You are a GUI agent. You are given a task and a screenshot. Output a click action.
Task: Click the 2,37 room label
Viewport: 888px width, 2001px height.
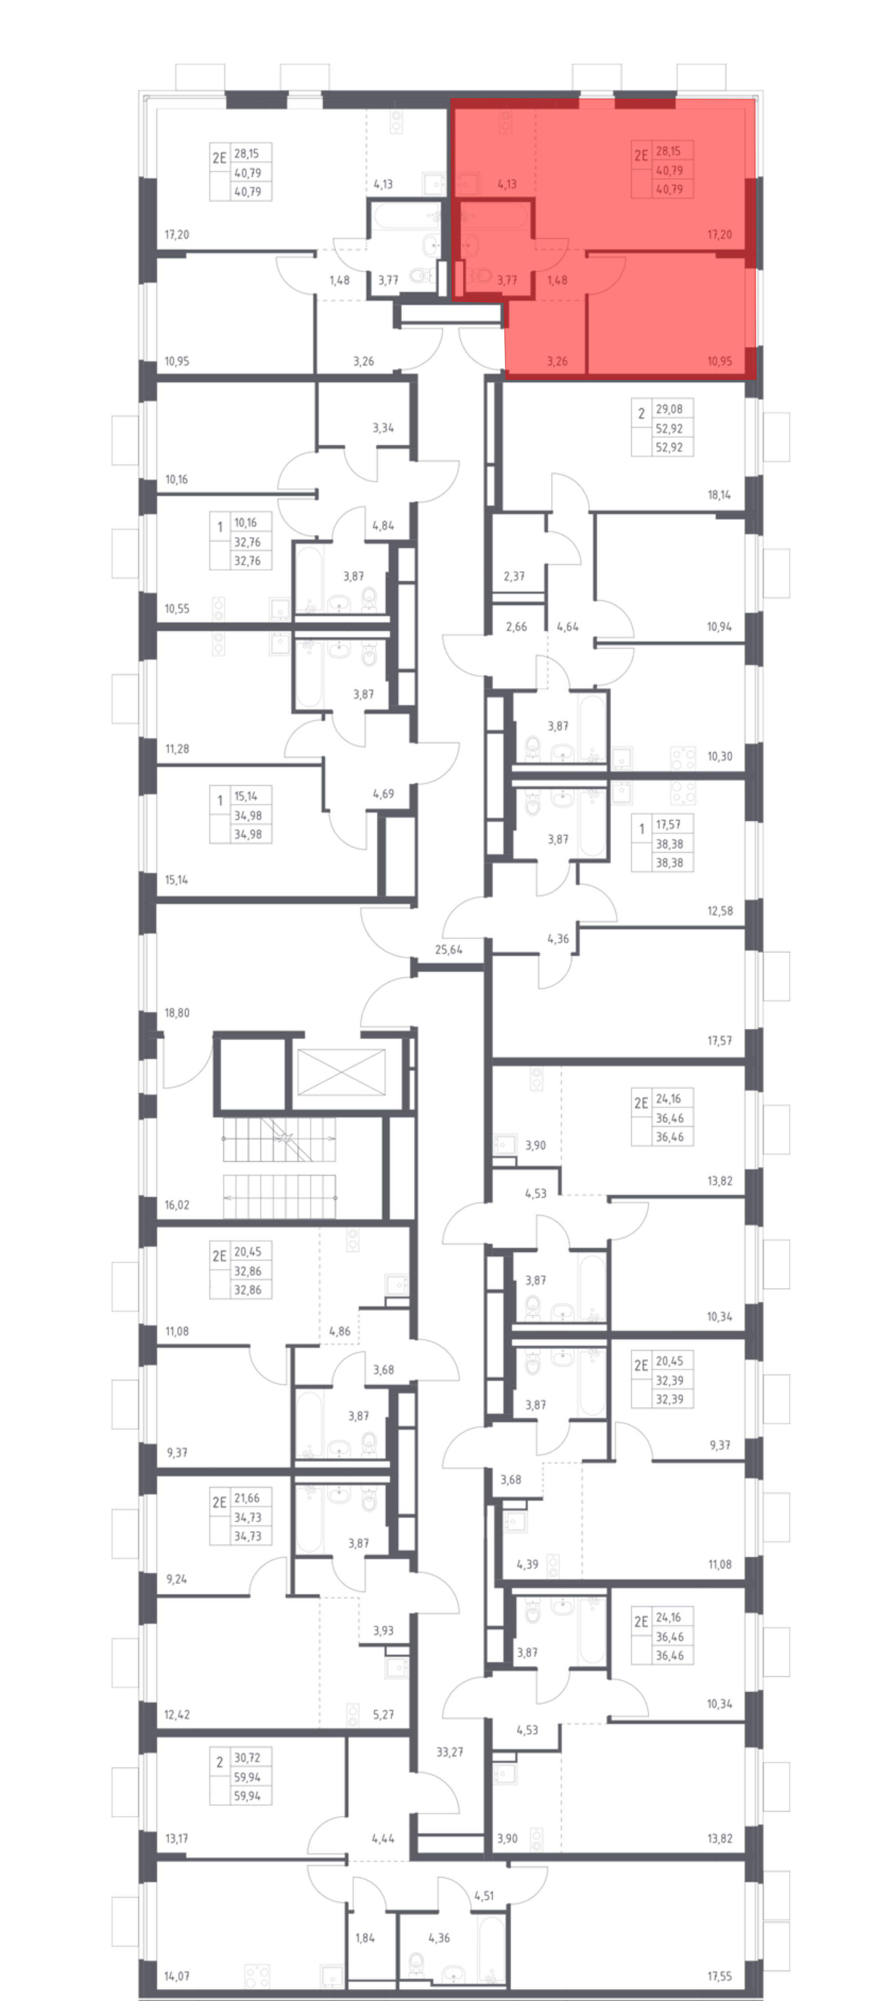click(x=514, y=576)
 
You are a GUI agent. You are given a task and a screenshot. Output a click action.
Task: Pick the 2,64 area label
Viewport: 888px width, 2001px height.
click(x=516, y=627)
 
